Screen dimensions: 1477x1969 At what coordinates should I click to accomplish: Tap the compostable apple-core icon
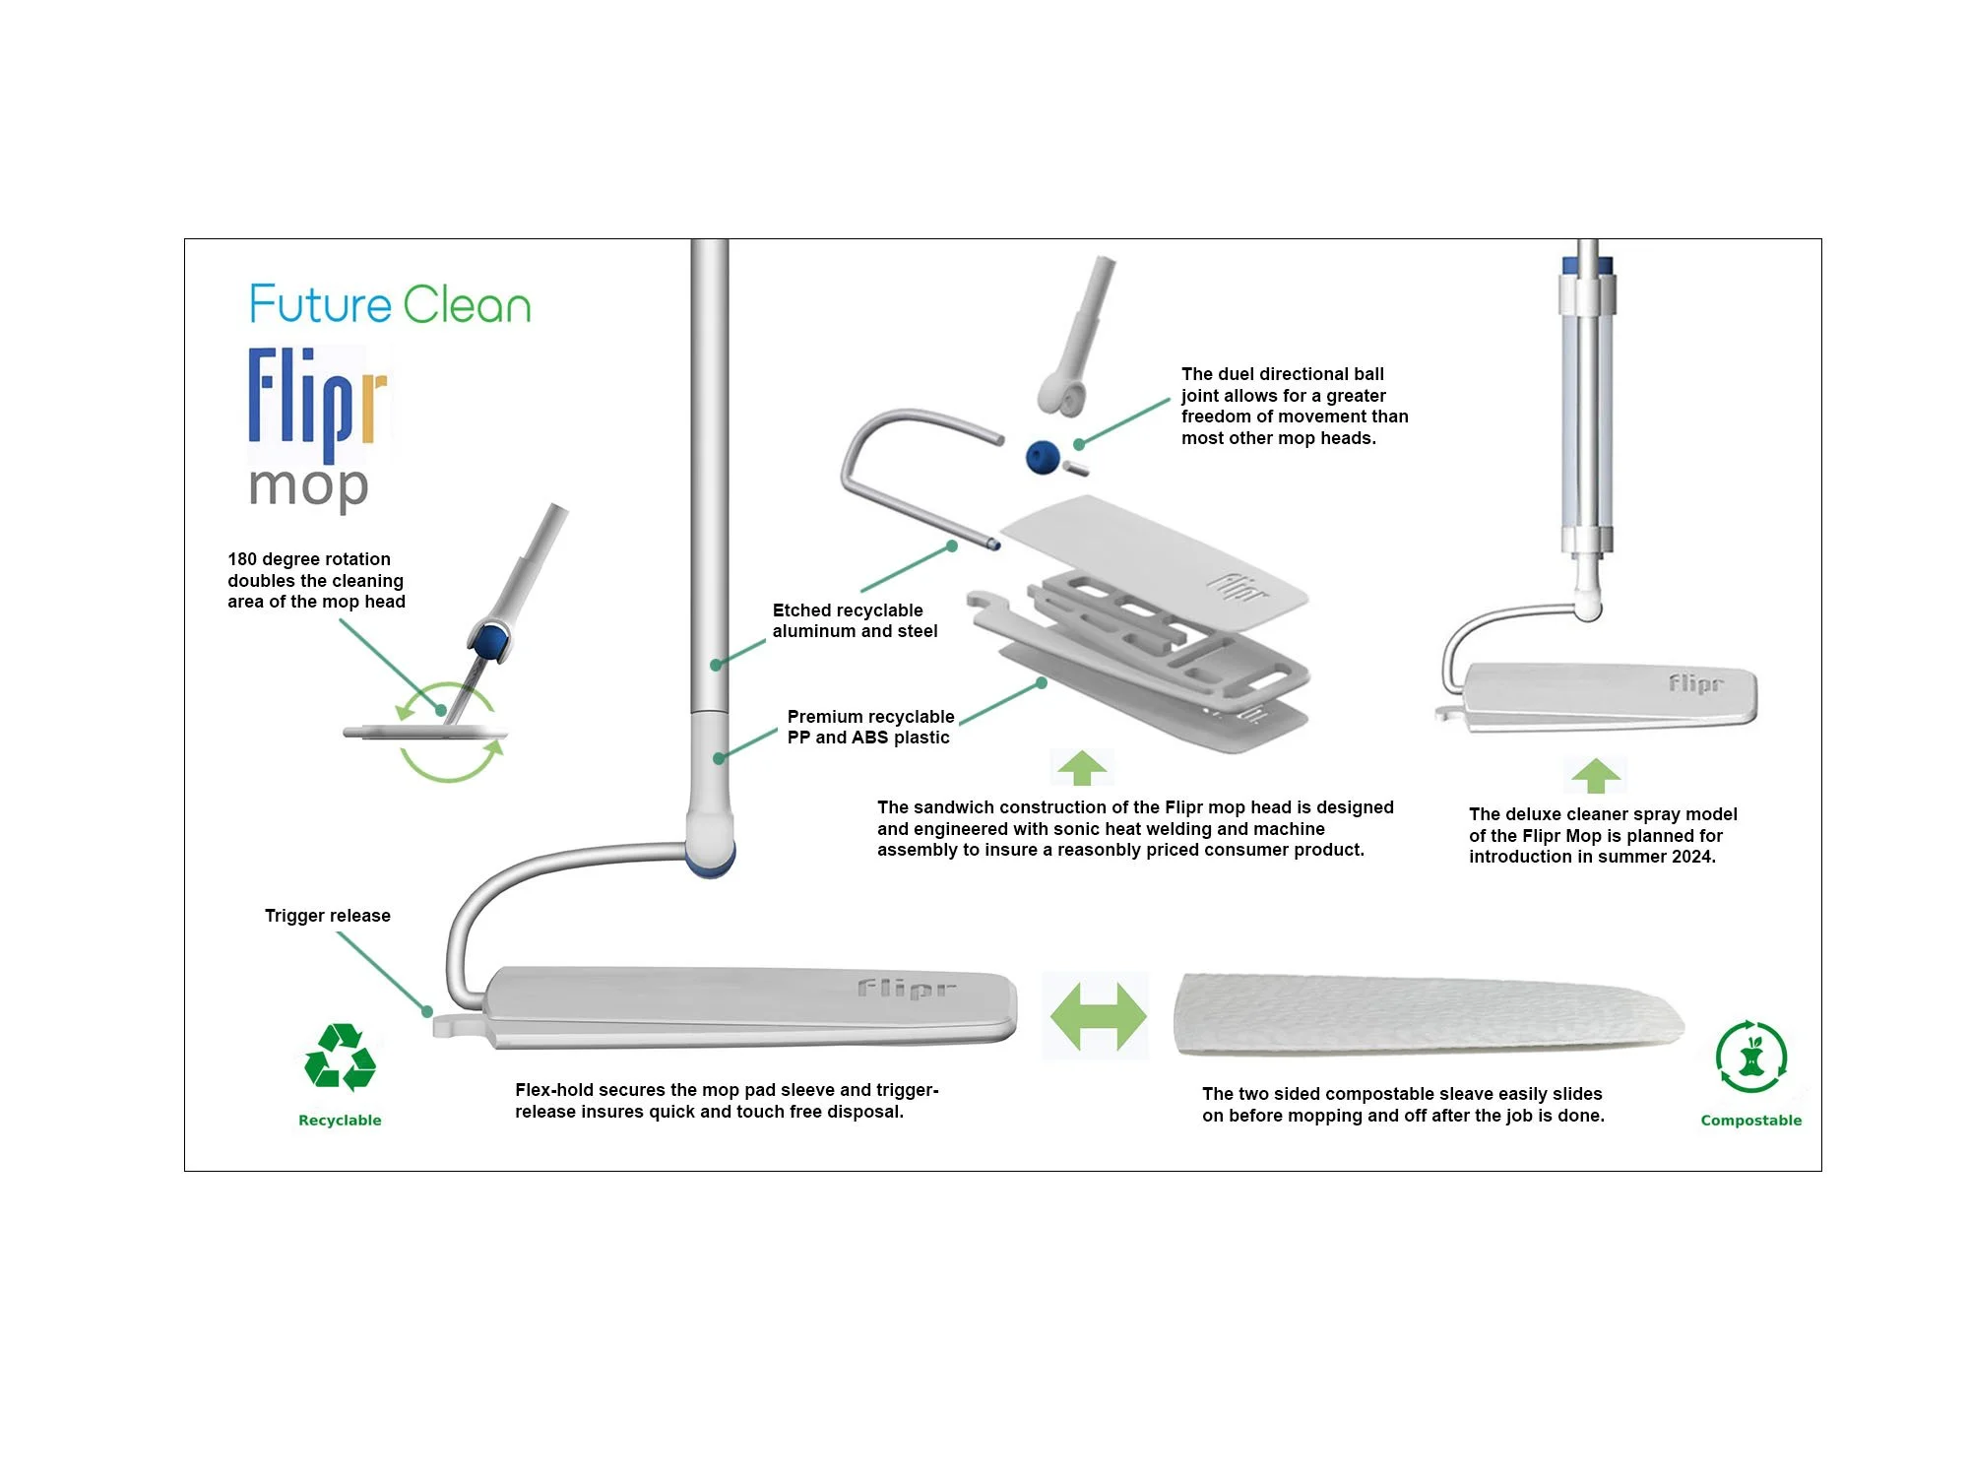point(1750,1058)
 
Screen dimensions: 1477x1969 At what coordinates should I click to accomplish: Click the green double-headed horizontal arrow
point(1097,1015)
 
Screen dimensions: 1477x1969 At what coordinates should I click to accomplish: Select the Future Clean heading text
point(390,304)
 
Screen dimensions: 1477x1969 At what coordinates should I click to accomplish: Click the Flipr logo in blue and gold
point(317,404)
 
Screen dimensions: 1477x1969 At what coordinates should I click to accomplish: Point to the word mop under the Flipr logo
point(308,486)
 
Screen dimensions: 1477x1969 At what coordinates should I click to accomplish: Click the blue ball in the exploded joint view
point(1043,457)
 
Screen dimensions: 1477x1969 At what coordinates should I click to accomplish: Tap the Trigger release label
point(327,916)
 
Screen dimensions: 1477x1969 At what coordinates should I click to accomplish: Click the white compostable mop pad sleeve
point(1428,1014)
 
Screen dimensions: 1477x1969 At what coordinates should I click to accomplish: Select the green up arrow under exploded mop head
point(1082,768)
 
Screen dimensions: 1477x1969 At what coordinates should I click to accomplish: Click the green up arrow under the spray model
point(1595,776)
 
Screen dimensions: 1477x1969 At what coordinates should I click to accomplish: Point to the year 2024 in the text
point(1691,857)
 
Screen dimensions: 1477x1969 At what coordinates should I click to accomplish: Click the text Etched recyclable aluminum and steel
point(854,620)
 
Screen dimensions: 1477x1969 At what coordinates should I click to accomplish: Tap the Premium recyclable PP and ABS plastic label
point(869,727)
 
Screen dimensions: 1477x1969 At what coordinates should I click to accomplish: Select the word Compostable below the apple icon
point(1750,1121)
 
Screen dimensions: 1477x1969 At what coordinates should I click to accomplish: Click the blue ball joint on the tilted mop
point(487,643)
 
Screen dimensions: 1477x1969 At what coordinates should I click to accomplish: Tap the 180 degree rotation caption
point(315,580)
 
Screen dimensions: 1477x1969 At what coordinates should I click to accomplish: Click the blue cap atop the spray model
point(1587,264)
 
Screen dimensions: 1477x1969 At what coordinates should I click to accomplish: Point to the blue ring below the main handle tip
point(711,867)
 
